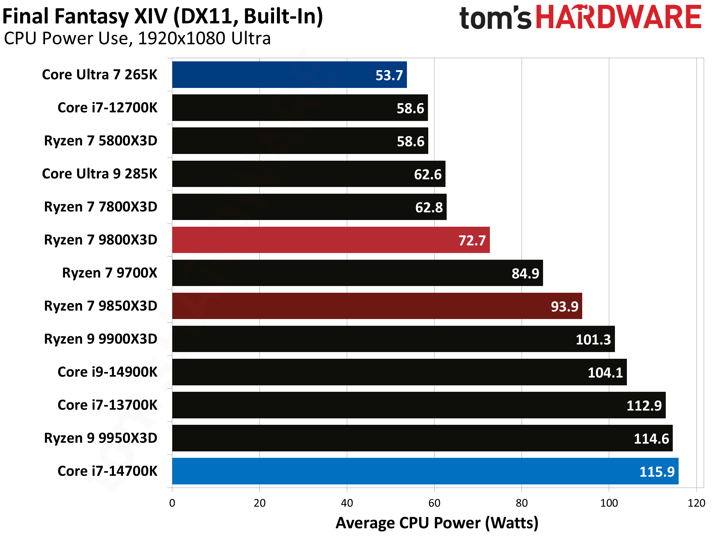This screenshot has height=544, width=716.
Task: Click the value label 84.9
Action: click(x=525, y=274)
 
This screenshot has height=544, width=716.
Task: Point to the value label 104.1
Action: click(x=605, y=373)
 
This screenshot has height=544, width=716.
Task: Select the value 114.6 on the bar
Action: click(x=651, y=439)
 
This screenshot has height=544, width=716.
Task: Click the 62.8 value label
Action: click(x=429, y=207)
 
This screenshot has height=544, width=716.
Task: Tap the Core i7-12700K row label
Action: click(x=107, y=108)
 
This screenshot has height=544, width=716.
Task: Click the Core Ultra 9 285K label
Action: click(x=99, y=174)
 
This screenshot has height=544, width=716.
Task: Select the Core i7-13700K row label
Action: click(x=107, y=405)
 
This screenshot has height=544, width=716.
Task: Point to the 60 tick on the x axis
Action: click(x=434, y=503)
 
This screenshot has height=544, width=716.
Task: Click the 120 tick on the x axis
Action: click(x=696, y=503)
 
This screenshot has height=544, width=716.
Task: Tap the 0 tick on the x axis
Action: click(x=172, y=503)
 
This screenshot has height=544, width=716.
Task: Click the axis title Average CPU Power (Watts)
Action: click(x=437, y=523)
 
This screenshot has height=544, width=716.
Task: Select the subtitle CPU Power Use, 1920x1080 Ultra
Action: click(x=137, y=39)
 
